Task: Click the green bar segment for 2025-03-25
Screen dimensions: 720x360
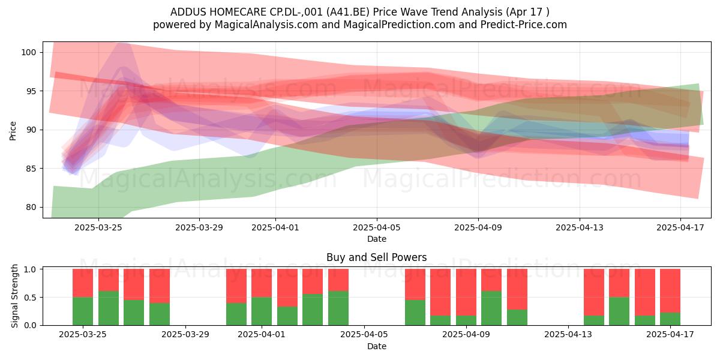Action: tap(83, 311)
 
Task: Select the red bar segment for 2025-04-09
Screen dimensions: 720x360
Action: tap(466, 292)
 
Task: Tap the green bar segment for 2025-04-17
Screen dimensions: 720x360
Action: tap(670, 319)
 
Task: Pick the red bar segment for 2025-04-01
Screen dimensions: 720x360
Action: tap(262, 283)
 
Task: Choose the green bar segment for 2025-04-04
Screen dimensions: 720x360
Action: tap(338, 308)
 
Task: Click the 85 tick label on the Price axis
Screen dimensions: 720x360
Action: tap(31, 169)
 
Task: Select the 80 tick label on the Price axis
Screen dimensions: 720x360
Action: tap(31, 208)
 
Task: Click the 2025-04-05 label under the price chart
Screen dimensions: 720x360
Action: tap(377, 227)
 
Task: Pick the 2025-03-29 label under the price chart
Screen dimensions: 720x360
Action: tap(199, 227)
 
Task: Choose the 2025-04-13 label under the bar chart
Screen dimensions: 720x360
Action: tap(568, 335)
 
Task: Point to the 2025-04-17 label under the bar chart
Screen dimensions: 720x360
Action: tap(670, 335)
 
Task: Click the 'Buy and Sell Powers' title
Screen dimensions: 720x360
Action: tap(377, 257)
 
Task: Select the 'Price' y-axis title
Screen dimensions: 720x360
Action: tap(13, 131)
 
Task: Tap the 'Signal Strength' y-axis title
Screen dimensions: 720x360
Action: tap(14, 296)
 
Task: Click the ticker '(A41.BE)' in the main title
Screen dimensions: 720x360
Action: tap(347, 12)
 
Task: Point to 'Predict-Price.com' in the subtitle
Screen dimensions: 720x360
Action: tap(524, 25)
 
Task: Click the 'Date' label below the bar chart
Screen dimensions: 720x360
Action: tap(377, 346)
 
